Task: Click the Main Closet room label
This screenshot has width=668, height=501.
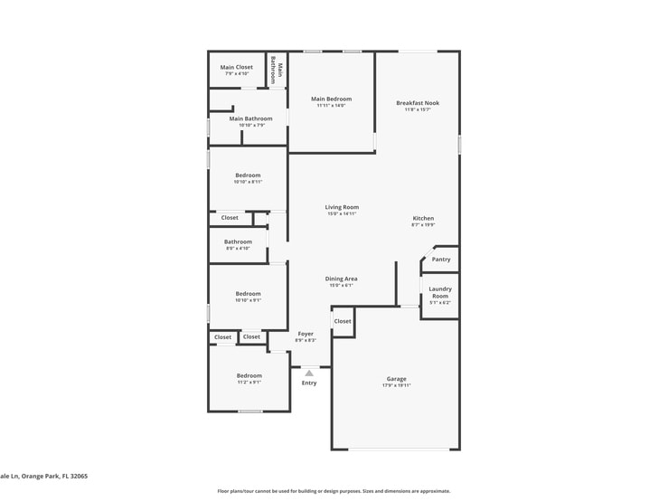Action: coord(237,67)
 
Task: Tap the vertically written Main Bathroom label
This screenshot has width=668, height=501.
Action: coord(277,72)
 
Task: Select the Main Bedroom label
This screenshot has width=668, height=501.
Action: coord(331,99)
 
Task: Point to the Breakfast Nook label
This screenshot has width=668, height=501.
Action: coord(418,103)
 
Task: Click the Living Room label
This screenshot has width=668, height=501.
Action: coord(342,207)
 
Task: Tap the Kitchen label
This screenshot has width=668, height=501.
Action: coord(423,218)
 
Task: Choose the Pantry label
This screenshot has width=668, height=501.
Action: coord(440,260)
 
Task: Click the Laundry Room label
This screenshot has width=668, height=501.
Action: coord(439,292)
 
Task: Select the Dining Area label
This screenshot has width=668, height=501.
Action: coord(341,279)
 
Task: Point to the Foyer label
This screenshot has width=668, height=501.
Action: coord(306,334)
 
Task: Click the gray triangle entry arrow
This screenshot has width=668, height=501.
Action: coord(309,373)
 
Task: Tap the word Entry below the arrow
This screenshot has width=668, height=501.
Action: coord(309,383)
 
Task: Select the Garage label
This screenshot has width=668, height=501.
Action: coord(396,379)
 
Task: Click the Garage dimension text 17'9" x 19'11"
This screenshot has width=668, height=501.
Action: coord(396,385)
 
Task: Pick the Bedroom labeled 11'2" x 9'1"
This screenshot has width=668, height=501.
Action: coord(249,375)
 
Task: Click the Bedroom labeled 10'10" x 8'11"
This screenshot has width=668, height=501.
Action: coord(248,175)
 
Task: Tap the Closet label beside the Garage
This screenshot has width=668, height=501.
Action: coord(343,321)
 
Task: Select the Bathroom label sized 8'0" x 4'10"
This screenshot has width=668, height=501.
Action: coord(238,241)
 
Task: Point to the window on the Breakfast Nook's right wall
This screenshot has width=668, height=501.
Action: coord(459,144)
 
